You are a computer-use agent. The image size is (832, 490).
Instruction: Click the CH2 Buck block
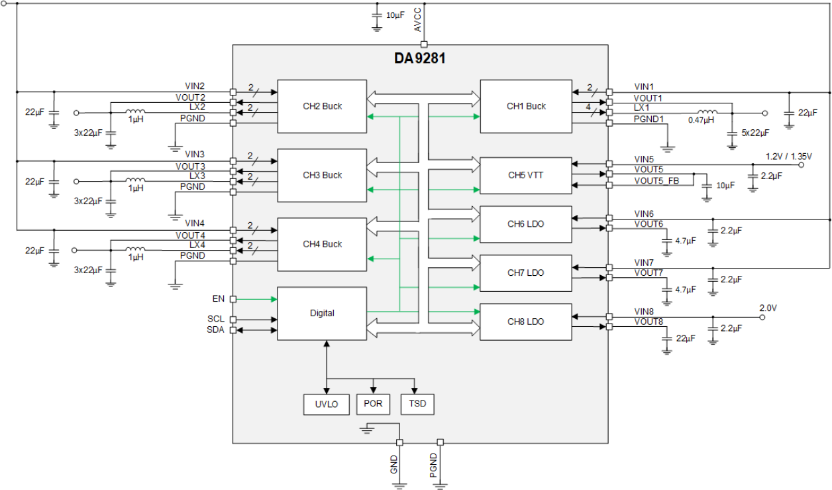coord(322,106)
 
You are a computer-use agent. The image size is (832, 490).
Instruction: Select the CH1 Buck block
coord(526,106)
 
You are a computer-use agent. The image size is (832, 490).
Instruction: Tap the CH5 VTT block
coord(526,176)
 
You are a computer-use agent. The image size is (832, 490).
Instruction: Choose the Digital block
coord(322,314)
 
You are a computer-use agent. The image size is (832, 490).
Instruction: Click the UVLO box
coord(326,404)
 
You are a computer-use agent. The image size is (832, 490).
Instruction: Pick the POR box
coord(374,404)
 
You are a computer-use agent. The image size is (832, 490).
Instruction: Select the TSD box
coord(418,404)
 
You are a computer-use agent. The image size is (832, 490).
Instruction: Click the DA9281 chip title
coord(420,58)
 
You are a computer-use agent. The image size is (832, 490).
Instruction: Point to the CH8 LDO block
coord(526,322)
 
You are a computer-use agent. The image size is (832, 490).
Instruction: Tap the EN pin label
coord(219,299)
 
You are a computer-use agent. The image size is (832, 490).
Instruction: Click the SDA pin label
coord(215,330)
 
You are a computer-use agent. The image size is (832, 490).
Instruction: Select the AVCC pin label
coord(417,21)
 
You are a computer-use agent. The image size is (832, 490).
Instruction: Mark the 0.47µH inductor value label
coord(702,121)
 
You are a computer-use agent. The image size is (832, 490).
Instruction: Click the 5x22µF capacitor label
coord(755,133)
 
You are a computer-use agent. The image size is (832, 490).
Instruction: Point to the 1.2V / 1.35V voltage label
coord(788,156)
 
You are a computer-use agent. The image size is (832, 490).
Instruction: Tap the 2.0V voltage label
coord(768,308)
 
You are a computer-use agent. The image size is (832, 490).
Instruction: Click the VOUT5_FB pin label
coord(656,181)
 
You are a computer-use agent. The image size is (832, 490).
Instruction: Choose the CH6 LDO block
coord(526,224)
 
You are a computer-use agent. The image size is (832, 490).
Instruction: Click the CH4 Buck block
coord(322,244)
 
